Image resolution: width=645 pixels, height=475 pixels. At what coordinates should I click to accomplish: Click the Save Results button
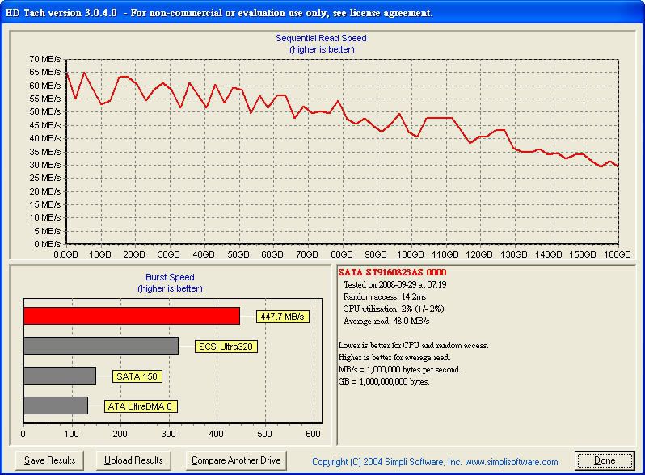coord(50,460)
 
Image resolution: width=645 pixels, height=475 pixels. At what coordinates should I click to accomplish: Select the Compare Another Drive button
coord(236,460)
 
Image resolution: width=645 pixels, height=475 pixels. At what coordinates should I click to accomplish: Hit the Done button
coord(605,460)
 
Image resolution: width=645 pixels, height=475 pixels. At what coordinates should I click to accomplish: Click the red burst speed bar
coord(132,316)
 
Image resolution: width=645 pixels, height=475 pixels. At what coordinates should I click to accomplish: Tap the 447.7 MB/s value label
coord(282,317)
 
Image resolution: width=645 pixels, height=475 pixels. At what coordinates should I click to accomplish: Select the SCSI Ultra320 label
coord(228,347)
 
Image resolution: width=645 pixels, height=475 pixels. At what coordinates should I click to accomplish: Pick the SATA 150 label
coord(138,376)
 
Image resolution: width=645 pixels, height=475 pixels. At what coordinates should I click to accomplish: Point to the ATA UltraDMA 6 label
coord(140,406)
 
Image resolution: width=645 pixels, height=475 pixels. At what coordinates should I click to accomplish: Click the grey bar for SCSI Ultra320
coord(101,346)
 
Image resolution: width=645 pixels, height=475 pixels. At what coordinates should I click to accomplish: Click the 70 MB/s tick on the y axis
coord(45,59)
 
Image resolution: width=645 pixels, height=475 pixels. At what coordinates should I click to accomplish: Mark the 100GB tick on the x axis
coord(411,254)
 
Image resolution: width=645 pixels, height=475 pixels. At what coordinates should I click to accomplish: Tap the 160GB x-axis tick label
coord(618,254)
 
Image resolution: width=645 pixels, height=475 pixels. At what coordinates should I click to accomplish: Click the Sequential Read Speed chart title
coord(321,38)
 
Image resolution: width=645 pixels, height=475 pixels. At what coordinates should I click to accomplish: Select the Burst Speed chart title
coord(170,277)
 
